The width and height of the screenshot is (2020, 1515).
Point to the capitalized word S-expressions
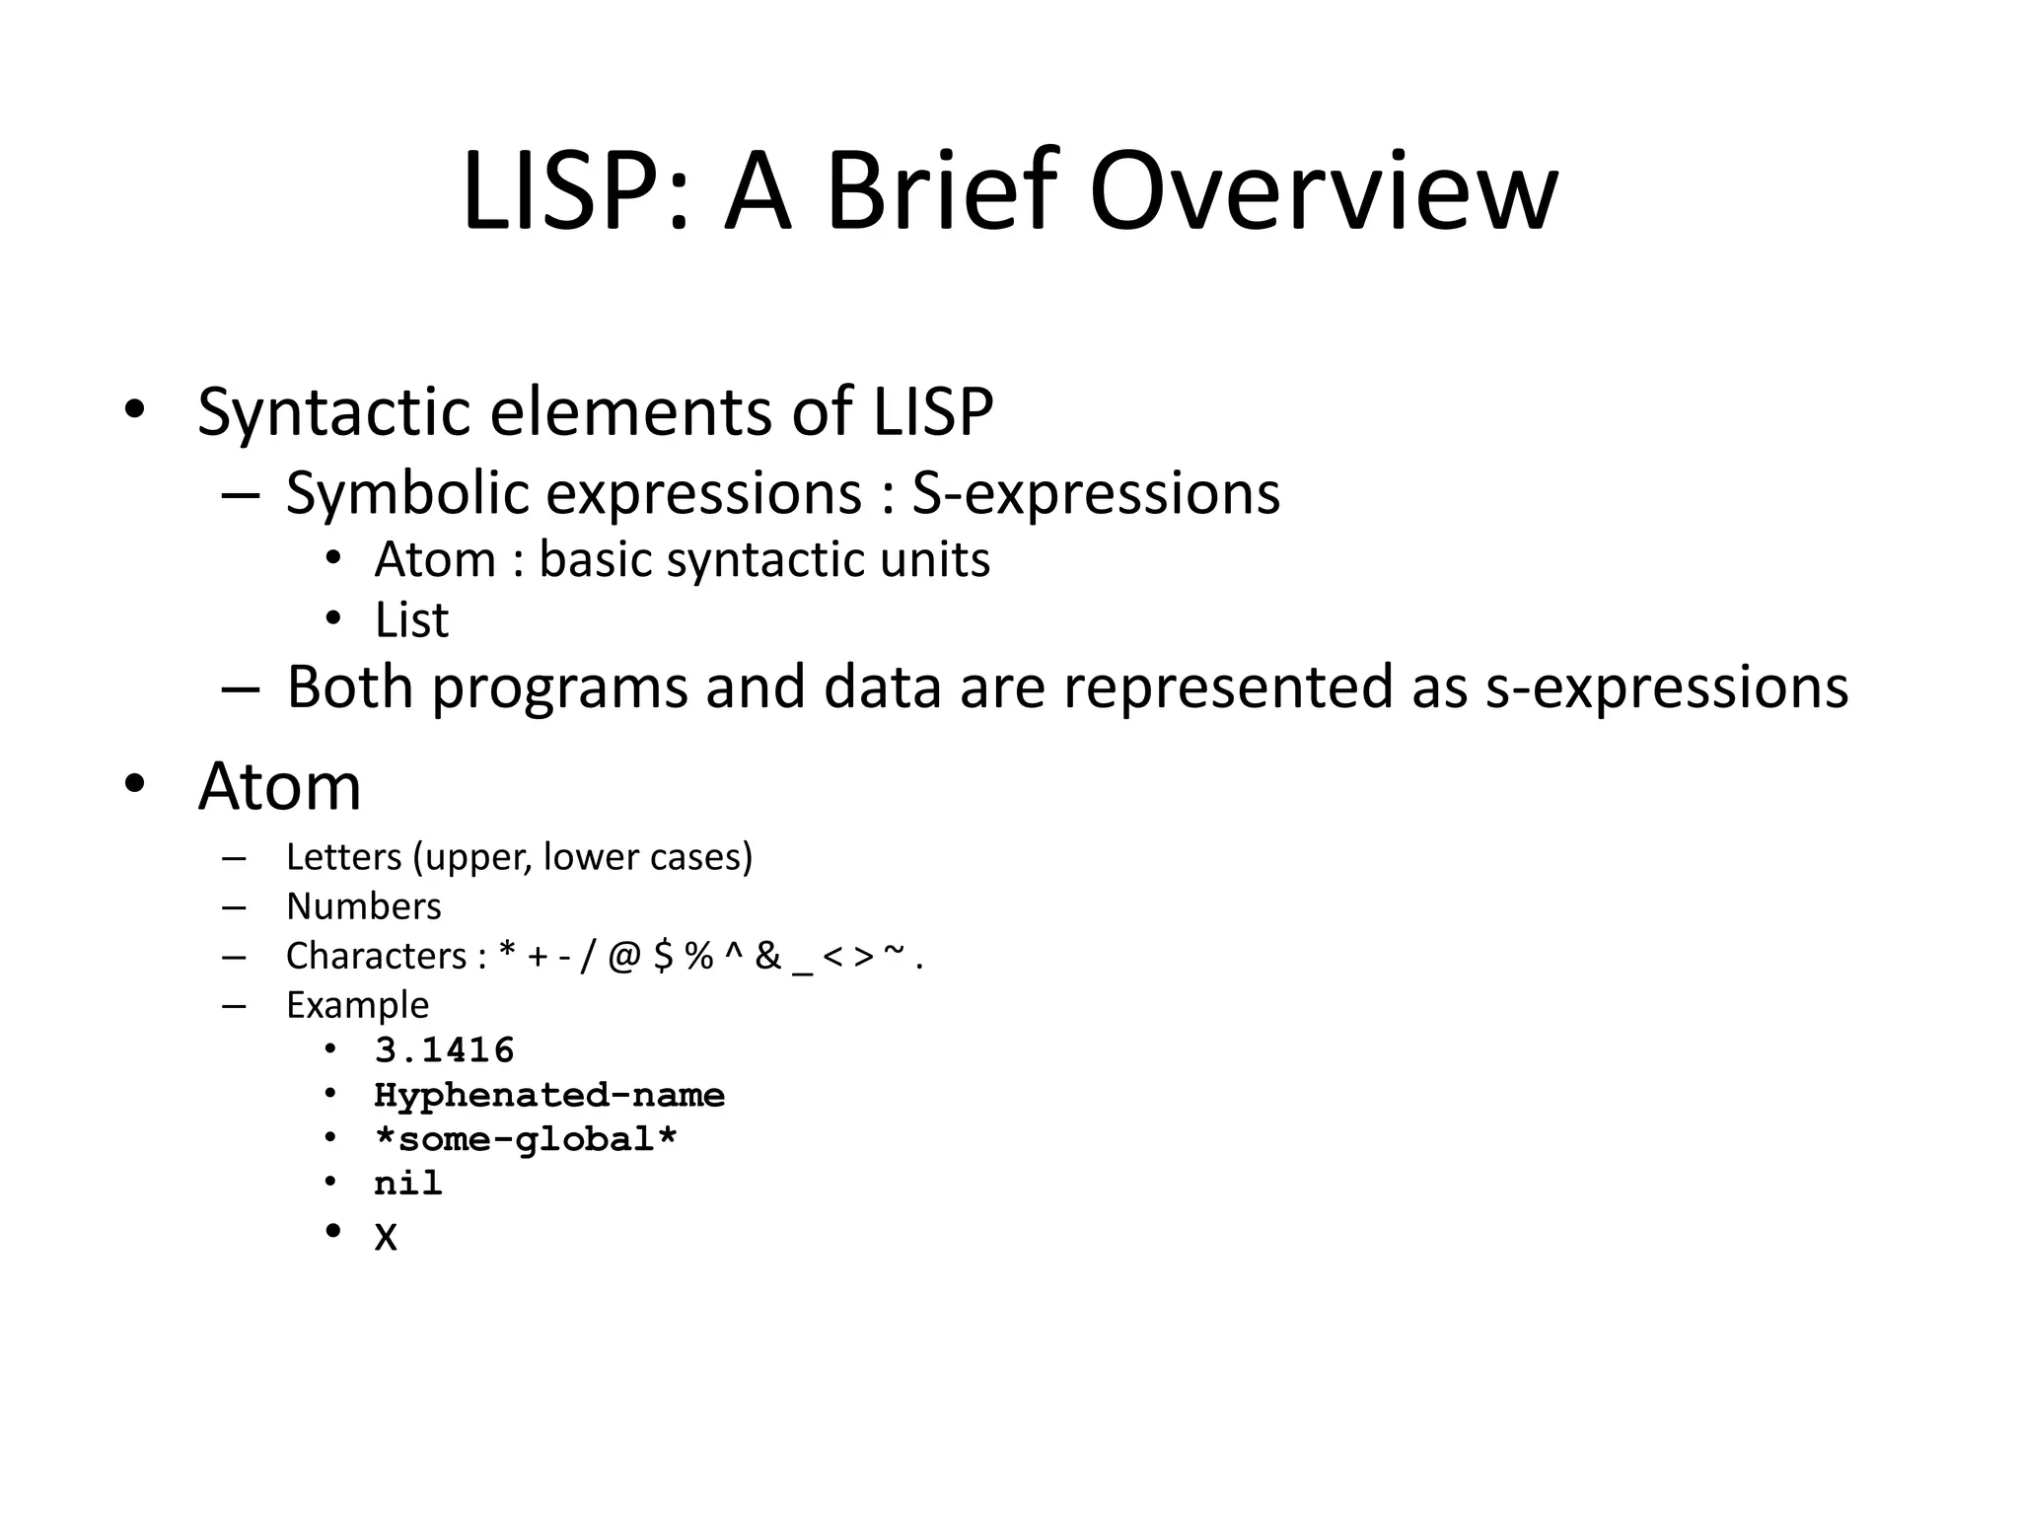click(x=1095, y=492)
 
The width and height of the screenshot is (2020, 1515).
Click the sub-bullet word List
click(x=411, y=620)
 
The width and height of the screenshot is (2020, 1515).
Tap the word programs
click(x=559, y=686)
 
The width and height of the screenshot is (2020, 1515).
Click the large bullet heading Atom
click(x=279, y=786)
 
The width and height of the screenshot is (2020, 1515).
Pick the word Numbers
click(x=363, y=906)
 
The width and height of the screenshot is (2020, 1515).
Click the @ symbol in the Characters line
click(x=624, y=956)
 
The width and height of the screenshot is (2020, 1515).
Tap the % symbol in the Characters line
click(x=698, y=956)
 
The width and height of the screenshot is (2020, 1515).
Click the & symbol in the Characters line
click(x=767, y=956)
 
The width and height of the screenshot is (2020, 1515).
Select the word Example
click(x=357, y=1005)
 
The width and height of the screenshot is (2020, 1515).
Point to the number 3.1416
click(x=444, y=1049)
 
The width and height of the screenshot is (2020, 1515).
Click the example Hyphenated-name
click(x=548, y=1095)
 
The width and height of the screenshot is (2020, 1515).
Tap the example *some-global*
click(x=526, y=1139)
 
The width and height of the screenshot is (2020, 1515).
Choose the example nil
click(x=407, y=1183)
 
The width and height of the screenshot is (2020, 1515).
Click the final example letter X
click(x=386, y=1237)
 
